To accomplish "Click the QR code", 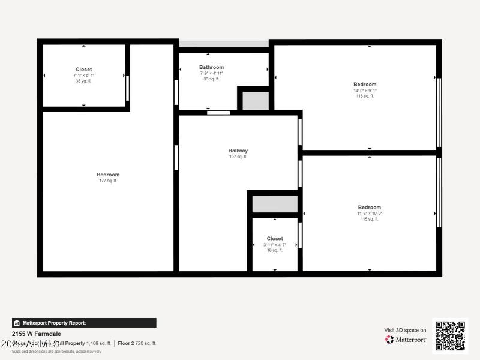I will pos(449,336).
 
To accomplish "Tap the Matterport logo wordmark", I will pos(406,340).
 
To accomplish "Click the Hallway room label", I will pos(238,151).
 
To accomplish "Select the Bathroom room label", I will pos(211,67).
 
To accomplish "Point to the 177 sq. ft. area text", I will pos(108,181).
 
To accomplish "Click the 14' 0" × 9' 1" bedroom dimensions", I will pos(365,91).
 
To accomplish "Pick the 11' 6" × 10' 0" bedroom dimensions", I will pos(370,214).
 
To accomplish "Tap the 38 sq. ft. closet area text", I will pos(83,81).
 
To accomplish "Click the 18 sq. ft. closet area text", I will pos(275,250).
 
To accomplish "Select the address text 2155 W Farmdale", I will pos(37,334).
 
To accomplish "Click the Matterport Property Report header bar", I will pos(84,323).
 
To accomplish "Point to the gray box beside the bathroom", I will pos(256,100).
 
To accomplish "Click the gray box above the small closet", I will pos(275,204).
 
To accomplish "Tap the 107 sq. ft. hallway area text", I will pos(238,157).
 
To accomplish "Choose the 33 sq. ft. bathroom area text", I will pos(211,79).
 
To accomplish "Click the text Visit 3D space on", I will pos(405,330).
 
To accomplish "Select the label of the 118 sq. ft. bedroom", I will pos(365,85).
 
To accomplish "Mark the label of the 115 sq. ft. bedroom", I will pos(370,208).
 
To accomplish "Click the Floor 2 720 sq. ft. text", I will pos(137,343).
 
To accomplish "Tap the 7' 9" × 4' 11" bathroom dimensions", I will pos(211,73).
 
